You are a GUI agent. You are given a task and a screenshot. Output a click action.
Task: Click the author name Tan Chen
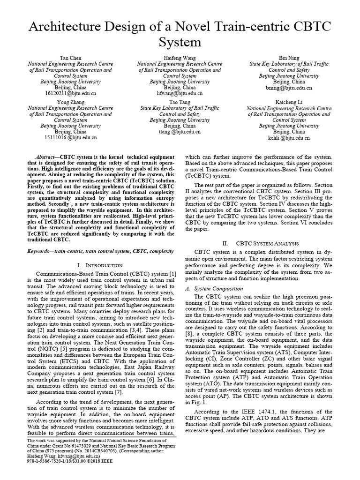tap(70, 57)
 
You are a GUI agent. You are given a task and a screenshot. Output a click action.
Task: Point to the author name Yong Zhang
tap(70, 101)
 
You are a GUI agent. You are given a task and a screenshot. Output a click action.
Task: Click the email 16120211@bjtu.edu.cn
tap(70, 94)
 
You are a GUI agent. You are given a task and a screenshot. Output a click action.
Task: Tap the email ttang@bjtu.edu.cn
tap(180, 132)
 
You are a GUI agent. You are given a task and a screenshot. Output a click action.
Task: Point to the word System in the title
tap(180, 42)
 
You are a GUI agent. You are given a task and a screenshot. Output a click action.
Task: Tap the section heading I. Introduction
tap(99, 265)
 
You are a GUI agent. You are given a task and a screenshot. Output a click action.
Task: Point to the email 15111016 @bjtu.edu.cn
tap(70, 138)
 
